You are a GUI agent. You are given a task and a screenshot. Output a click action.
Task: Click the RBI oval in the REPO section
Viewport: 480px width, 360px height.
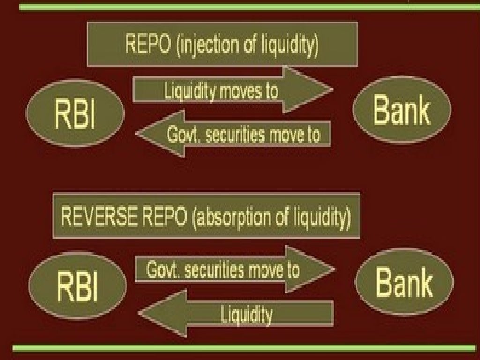pos(75,112)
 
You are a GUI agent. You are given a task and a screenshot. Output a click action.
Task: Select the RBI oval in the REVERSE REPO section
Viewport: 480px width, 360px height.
pos(77,285)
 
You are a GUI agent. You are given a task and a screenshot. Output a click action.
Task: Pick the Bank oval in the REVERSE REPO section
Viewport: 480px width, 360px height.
pos(404,282)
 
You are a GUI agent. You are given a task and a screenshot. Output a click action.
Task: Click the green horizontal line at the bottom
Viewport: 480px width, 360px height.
pos(244,348)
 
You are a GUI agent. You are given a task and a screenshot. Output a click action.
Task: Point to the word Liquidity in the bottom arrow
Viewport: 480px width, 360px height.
pos(247,314)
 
